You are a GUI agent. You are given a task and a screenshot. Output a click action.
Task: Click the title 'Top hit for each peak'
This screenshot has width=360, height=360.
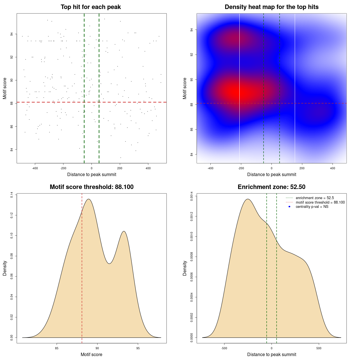pyautogui.click(x=91, y=7)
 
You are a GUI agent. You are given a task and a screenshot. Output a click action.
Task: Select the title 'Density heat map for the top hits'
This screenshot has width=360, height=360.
pyautogui.click(x=271, y=7)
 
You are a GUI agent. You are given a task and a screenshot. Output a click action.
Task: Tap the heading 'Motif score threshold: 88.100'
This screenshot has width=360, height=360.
pyautogui.click(x=91, y=187)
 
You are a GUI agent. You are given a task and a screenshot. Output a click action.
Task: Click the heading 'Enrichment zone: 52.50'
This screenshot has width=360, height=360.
pyautogui.click(x=271, y=187)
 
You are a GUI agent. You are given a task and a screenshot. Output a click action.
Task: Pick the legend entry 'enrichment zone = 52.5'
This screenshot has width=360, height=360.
pyautogui.click(x=315, y=198)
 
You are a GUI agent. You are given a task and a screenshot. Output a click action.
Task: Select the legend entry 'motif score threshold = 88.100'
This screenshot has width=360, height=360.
pyautogui.click(x=320, y=202)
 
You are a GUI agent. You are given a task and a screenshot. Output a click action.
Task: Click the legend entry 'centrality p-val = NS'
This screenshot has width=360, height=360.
pyautogui.click(x=312, y=207)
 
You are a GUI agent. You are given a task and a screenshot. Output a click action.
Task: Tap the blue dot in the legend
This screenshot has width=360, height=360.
pyautogui.click(x=289, y=207)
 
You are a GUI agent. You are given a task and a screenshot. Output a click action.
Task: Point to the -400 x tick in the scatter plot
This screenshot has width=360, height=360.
pyautogui.click(x=35, y=168)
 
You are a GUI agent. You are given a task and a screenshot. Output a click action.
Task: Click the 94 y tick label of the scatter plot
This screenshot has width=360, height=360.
pyautogui.click(x=12, y=34)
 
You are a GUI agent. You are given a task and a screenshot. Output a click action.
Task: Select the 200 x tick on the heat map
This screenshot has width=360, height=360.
pyautogui.click(x=302, y=168)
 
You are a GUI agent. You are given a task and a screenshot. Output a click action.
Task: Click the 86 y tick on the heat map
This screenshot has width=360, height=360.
pyautogui.click(x=192, y=129)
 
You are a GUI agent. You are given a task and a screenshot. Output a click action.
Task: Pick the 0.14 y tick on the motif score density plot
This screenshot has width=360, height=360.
pyautogui.click(x=12, y=195)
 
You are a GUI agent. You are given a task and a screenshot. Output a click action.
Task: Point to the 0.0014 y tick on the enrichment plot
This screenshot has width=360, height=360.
pyautogui.click(x=192, y=195)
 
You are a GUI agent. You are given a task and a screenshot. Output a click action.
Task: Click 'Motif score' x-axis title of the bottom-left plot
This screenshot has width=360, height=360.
pyautogui.click(x=91, y=354)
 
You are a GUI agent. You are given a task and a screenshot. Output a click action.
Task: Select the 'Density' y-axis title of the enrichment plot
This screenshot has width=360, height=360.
pyautogui.click(x=185, y=268)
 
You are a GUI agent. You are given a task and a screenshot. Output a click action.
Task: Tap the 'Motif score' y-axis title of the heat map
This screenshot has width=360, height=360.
pyautogui.click(x=185, y=88)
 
